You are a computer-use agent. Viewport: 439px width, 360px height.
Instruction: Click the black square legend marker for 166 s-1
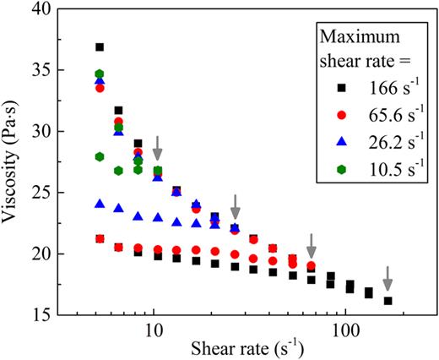click(x=336, y=86)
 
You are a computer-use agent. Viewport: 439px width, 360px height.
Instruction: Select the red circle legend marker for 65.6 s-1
click(x=336, y=112)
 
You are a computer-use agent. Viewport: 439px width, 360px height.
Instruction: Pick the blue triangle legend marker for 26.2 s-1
click(x=336, y=139)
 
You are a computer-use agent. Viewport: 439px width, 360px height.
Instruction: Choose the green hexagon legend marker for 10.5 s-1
click(x=336, y=166)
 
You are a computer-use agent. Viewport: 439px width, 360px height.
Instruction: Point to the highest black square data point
click(x=100, y=47)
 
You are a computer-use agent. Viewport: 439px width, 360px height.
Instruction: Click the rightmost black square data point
click(x=388, y=301)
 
